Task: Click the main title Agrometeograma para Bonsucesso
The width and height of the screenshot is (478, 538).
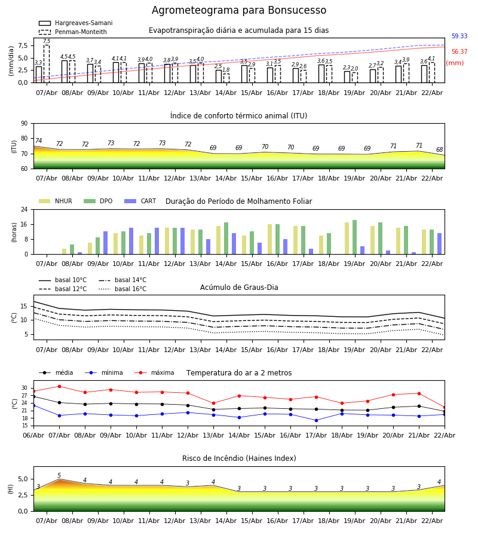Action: coord(239,11)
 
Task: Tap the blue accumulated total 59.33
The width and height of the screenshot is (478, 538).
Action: coord(459,36)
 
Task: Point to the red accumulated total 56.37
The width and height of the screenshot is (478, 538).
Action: coord(459,52)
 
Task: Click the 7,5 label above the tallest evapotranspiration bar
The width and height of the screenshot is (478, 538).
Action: coord(47,41)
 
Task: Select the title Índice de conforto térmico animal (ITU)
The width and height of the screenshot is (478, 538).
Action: coord(238,116)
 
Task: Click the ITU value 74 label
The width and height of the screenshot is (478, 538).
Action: coord(39,141)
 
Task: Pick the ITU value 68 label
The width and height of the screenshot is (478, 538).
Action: coord(440,150)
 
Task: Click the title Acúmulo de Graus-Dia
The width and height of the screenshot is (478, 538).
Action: coord(239,288)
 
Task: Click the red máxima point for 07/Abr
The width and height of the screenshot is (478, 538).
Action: coord(59,386)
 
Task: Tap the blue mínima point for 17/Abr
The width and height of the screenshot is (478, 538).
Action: coord(316,420)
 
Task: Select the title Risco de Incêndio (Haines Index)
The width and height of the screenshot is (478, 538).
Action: coord(239,458)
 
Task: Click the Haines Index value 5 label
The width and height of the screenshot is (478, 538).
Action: coord(59,476)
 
